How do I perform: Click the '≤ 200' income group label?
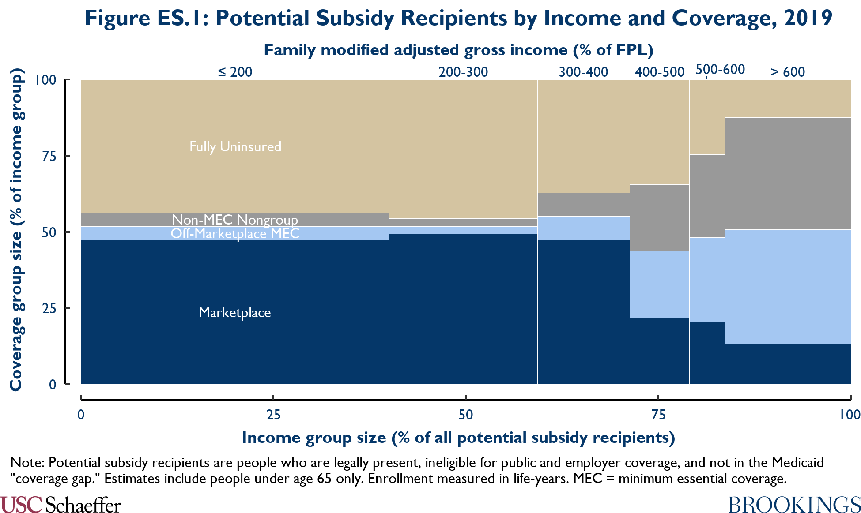click(x=235, y=72)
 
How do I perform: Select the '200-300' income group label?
click(x=463, y=72)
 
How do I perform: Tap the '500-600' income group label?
click(x=720, y=70)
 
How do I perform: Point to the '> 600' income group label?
click(x=788, y=72)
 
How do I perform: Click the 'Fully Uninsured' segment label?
click(x=235, y=146)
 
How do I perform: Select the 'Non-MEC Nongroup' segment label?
click(x=235, y=219)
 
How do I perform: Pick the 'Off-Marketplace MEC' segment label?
click(x=235, y=233)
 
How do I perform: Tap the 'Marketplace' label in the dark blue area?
click(x=235, y=312)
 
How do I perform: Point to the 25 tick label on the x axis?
click(x=273, y=415)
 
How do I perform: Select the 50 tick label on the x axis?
click(x=465, y=415)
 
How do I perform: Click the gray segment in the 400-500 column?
click(x=659, y=217)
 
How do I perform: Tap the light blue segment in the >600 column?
click(x=788, y=286)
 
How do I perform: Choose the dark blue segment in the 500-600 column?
click(x=707, y=353)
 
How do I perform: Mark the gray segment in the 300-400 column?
click(x=583, y=204)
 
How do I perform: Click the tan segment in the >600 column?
click(x=788, y=98)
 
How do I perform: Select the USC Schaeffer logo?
click(x=60, y=505)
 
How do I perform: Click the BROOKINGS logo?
click(x=794, y=505)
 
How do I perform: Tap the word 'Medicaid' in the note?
click(x=797, y=463)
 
